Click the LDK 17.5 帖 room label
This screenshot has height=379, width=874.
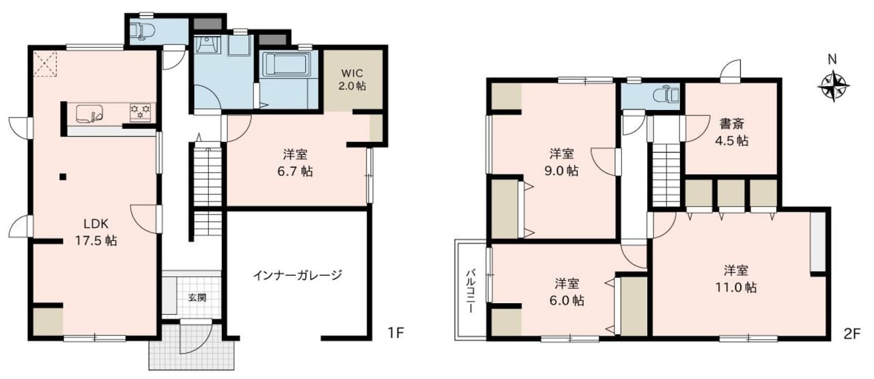[x=96, y=232]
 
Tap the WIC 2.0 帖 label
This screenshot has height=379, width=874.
[x=352, y=80]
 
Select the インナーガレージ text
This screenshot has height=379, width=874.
[x=298, y=275]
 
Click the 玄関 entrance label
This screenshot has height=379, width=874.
[x=197, y=298]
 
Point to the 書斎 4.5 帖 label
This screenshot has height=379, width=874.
[x=731, y=132]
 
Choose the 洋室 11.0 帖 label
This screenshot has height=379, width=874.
[x=736, y=279]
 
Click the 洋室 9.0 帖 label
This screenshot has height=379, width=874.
[x=561, y=162]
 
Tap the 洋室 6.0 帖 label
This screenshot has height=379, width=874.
[x=567, y=292]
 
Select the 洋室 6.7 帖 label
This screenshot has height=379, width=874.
[x=295, y=163]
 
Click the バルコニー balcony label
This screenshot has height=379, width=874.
[x=471, y=291]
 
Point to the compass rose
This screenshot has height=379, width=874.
[x=834, y=86]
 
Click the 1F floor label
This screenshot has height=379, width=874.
[x=395, y=333]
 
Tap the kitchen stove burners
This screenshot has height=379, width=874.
[x=141, y=111]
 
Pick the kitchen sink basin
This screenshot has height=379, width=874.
[x=89, y=113]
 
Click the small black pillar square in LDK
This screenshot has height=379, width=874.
[x=63, y=177]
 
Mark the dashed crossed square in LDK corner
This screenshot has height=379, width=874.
[x=45, y=64]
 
